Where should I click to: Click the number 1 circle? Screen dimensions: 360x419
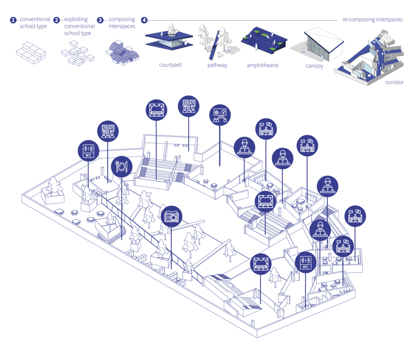tap(13, 20)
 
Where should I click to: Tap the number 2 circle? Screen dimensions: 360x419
tap(57, 20)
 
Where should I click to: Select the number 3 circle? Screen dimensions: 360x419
tap(100, 20)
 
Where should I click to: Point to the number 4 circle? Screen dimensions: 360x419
tap(144, 20)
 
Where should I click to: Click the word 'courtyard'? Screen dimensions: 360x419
tap(170, 65)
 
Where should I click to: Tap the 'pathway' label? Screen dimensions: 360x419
tap(217, 65)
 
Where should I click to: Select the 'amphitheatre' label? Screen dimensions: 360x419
tap(262, 65)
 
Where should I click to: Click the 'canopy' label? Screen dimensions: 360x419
tap(314, 65)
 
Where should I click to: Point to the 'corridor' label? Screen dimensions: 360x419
tap(394, 82)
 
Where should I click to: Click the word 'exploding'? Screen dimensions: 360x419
tap(76, 19)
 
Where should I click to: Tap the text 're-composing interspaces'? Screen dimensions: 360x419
tap(372, 19)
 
